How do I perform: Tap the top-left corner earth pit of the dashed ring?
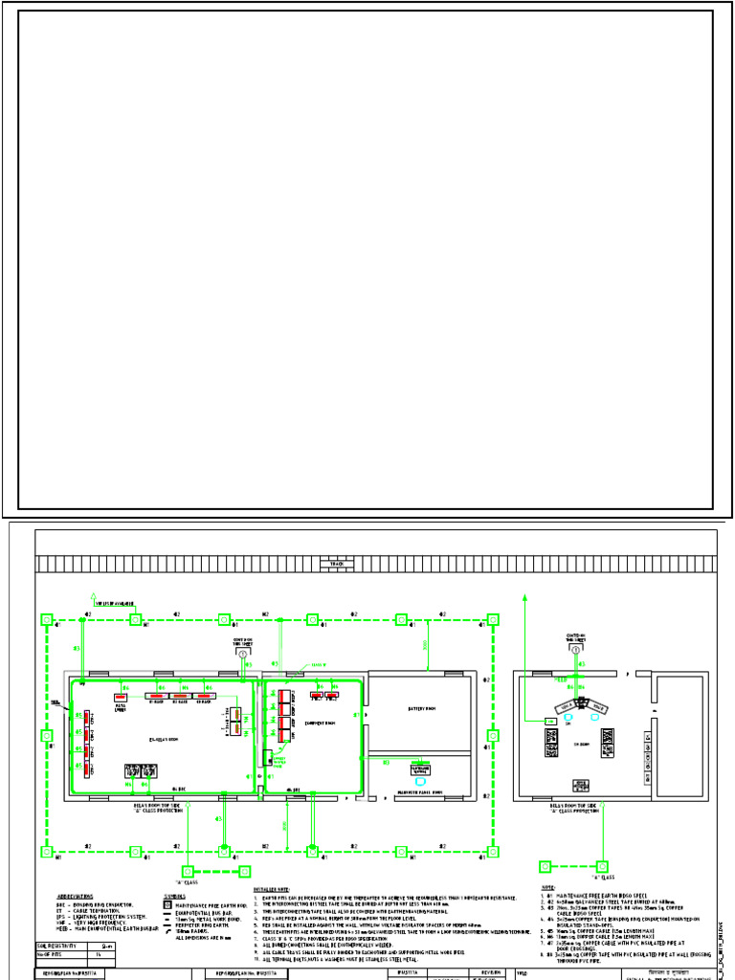46,620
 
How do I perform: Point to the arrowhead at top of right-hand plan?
525,595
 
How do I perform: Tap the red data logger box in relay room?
122,697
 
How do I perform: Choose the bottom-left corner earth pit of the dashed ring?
46,851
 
